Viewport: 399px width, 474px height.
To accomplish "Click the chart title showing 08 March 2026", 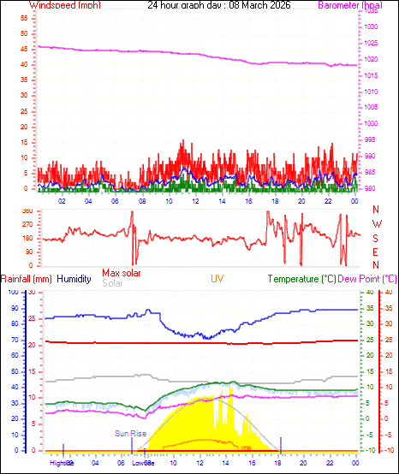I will [x=218, y=5].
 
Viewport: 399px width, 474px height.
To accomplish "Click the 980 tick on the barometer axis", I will [x=368, y=189].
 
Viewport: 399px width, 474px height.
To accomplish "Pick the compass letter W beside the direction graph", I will [x=377, y=223].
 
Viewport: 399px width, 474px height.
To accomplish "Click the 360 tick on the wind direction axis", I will [x=27, y=210].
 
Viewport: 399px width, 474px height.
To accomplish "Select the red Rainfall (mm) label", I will [x=27, y=279].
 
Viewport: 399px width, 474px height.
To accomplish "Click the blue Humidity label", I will [x=74, y=279].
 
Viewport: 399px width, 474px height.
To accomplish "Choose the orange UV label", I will [x=218, y=279].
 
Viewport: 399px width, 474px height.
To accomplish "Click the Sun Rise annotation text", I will [x=131, y=434].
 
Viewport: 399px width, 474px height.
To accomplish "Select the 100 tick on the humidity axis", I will [x=12, y=292].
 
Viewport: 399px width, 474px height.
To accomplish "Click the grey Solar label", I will [x=112, y=283].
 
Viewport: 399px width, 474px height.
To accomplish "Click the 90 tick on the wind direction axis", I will [x=29, y=252].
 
